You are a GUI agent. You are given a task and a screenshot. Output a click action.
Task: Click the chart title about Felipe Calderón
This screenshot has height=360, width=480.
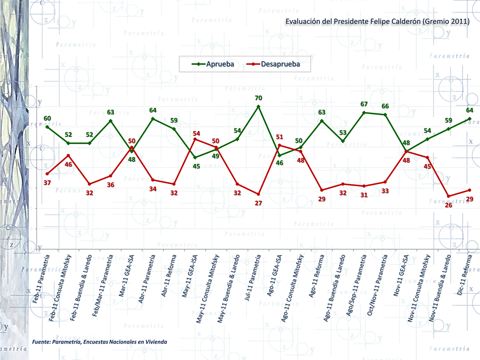[x=377, y=22]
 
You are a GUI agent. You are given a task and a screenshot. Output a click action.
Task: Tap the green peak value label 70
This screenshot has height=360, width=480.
[x=258, y=98]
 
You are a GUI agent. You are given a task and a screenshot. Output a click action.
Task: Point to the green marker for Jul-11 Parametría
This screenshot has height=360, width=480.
[x=258, y=106]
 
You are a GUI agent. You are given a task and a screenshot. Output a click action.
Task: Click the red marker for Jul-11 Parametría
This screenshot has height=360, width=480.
[x=258, y=194]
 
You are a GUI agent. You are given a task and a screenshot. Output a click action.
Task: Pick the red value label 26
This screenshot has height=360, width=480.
[x=448, y=205]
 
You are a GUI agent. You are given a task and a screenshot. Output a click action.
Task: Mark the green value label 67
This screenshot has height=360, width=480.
[x=364, y=104]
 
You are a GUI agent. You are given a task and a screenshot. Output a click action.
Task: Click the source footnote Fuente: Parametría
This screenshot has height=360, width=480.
[x=99, y=342]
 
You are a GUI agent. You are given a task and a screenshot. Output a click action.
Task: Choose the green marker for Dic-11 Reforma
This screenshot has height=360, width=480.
[x=470, y=119]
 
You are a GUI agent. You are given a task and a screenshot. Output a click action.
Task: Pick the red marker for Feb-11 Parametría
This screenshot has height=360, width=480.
[x=47, y=174]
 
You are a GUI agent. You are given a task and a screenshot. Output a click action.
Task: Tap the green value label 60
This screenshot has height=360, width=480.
[x=47, y=118]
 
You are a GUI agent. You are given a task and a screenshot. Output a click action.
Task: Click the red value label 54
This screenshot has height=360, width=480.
[x=196, y=134]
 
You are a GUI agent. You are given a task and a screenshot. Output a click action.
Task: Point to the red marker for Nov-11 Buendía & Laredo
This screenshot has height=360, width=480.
[x=449, y=196]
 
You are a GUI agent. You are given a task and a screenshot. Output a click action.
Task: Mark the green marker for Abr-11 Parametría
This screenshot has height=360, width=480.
[x=153, y=119]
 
